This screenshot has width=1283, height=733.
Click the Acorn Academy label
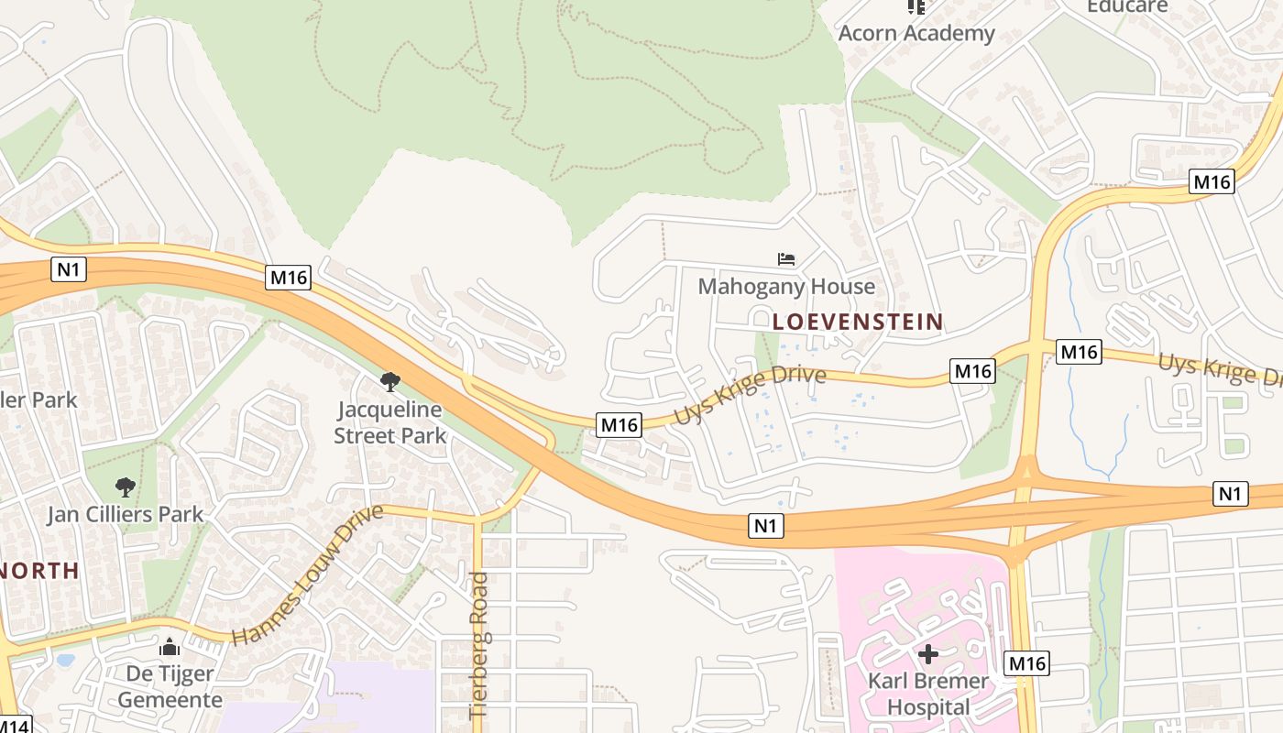coord(916,33)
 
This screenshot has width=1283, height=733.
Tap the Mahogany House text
coord(786,287)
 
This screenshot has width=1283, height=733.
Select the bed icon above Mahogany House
coord(786,259)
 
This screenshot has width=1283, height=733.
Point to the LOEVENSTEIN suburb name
coord(858,322)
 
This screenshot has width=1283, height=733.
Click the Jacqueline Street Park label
coord(389,422)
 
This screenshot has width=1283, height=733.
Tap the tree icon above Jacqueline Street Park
coord(390,381)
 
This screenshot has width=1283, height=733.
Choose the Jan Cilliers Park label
coord(126,514)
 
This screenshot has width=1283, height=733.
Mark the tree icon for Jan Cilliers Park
coord(126,487)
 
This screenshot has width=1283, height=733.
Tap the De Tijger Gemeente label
coord(170,686)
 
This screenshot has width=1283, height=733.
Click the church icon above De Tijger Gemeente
coord(170,648)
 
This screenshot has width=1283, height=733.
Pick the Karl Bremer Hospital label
coord(928,694)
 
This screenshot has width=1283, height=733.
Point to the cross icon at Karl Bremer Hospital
coord(928,654)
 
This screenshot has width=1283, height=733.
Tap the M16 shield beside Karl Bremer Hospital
coord(1026,663)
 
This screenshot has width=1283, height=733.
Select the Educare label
coord(1127,6)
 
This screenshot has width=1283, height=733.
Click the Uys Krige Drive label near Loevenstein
coord(751,395)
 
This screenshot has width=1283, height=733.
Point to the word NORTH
coord(38,571)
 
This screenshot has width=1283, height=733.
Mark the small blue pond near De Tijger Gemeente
coord(64,659)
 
